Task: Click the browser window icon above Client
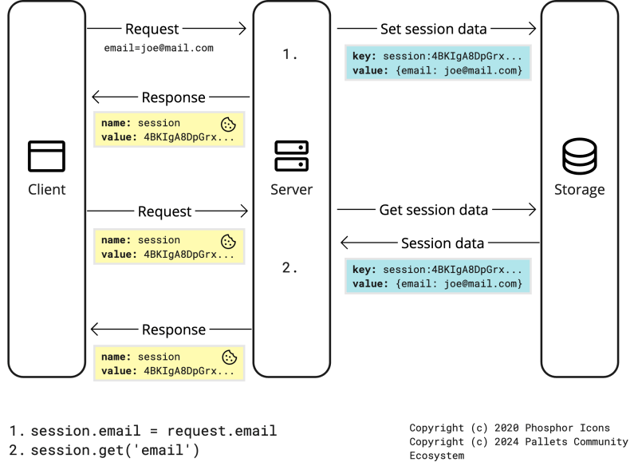(46, 156)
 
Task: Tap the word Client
(46, 190)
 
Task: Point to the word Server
(292, 190)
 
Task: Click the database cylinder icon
(579, 156)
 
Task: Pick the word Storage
(579, 190)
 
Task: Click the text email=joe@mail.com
(159, 48)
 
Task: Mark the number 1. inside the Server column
(289, 55)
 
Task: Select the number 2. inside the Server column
(289, 268)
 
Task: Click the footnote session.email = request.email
(144, 431)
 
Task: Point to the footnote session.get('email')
(104, 451)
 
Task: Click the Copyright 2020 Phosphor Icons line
(509, 428)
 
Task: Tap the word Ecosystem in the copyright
(438, 456)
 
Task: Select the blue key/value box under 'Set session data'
(437, 64)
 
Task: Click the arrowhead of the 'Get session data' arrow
(531, 211)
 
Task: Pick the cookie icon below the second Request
(228, 240)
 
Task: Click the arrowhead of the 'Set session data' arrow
(531, 30)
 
